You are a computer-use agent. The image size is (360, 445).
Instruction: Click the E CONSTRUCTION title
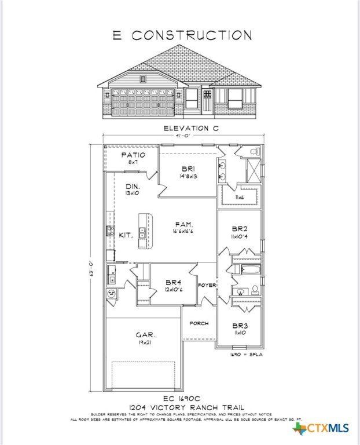click(x=182, y=35)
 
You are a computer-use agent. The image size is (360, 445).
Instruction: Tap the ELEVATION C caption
click(x=183, y=127)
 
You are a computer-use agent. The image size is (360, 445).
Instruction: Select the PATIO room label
click(x=133, y=155)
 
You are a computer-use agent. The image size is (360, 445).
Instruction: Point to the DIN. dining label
click(x=133, y=186)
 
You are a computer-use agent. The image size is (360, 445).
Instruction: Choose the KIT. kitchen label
click(x=126, y=235)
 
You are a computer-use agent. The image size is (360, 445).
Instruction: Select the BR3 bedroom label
click(x=240, y=326)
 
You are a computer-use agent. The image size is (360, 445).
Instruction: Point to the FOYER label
click(x=207, y=284)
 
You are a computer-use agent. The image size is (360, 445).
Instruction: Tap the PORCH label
click(x=199, y=323)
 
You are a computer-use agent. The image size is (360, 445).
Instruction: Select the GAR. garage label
click(x=145, y=335)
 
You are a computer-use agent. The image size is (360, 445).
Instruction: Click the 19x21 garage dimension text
click(x=145, y=342)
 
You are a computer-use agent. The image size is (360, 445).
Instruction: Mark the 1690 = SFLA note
click(x=247, y=354)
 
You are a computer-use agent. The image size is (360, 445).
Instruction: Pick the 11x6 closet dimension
click(x=240, y=198)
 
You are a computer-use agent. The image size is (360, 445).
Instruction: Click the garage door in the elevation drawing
click(x=142, y=102)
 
